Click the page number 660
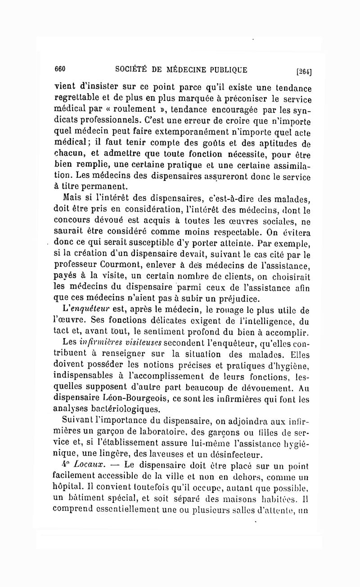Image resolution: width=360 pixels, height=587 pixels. [60, 69]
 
